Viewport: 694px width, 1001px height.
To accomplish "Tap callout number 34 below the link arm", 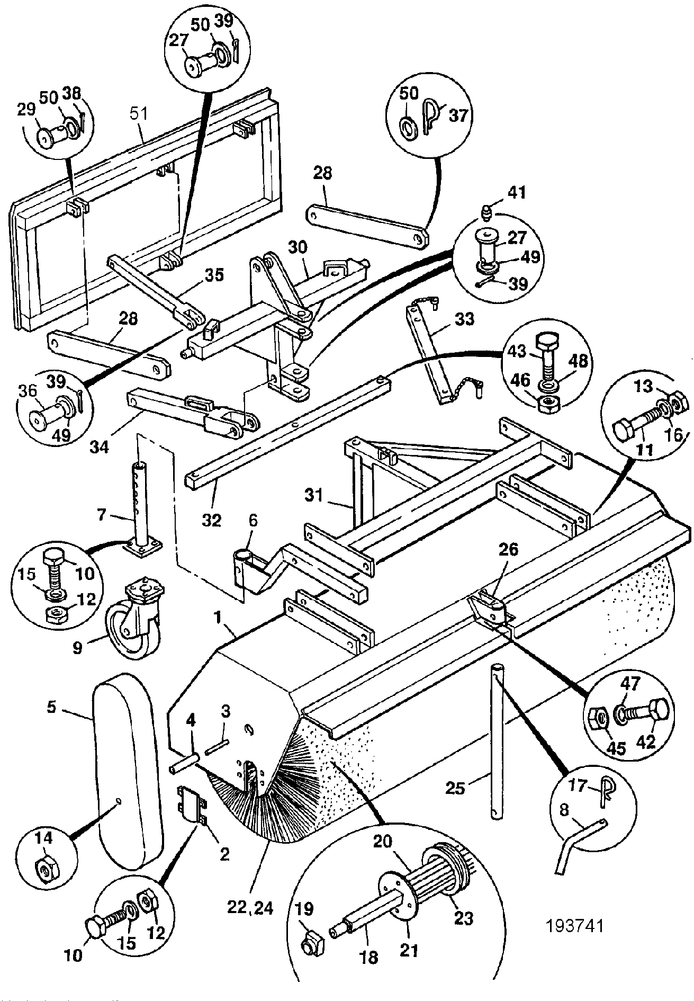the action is tap(98, 446).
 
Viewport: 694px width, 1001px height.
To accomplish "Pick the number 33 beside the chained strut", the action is tap(464, 319).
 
